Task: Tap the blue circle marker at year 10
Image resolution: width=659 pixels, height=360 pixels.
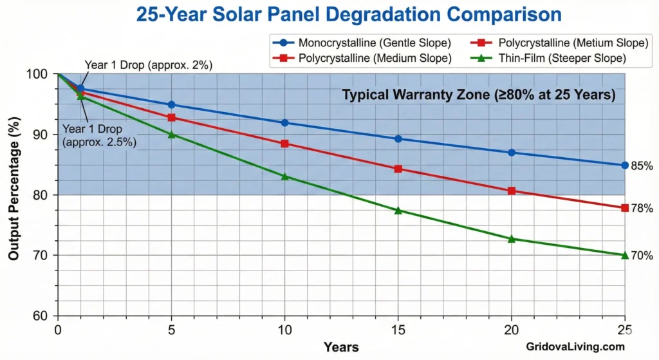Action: [x=285, y=123]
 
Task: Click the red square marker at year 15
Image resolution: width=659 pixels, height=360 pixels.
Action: [x=398, y=169]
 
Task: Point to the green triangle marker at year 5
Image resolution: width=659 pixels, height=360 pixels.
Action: [x=171, y=135]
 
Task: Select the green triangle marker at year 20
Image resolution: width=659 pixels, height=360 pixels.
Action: [x=512, y=239]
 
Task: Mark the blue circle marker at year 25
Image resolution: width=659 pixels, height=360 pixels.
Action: [x=625, y=166]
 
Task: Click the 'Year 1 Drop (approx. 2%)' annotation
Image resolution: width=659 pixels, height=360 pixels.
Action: [x=148, y=65]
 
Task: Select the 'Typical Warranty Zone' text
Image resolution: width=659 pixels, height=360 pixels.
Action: [x=479, y=95]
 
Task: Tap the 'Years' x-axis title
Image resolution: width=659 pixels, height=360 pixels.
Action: [x=341, y=346]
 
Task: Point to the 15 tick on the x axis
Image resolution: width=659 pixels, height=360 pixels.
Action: [x=398, y=328]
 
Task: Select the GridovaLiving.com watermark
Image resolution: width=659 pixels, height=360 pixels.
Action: [x=574, y=346]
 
